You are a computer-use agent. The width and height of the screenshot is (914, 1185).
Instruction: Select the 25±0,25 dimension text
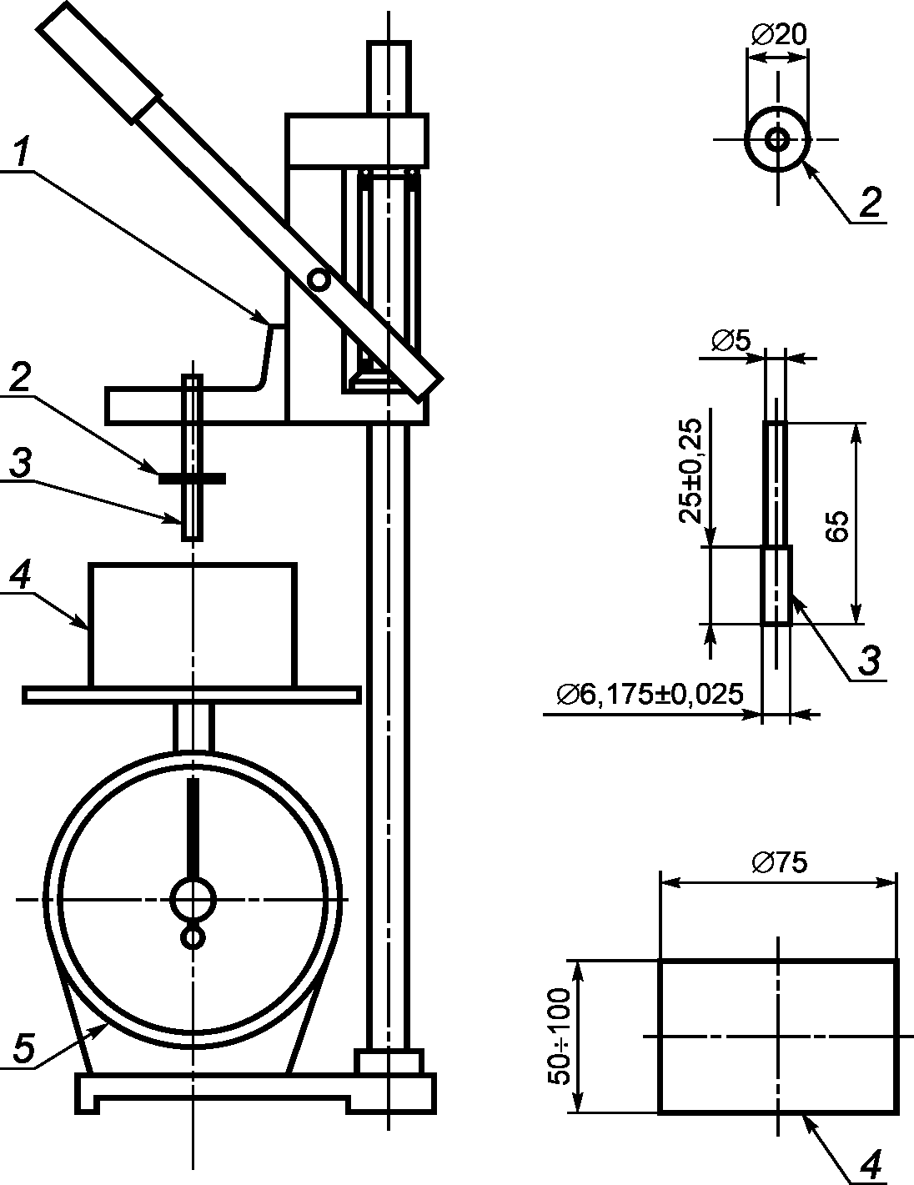pos(691,470)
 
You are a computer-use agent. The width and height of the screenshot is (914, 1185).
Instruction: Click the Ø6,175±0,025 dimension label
pos(650,694)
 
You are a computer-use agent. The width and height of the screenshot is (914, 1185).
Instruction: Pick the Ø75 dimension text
pos(779,863)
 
